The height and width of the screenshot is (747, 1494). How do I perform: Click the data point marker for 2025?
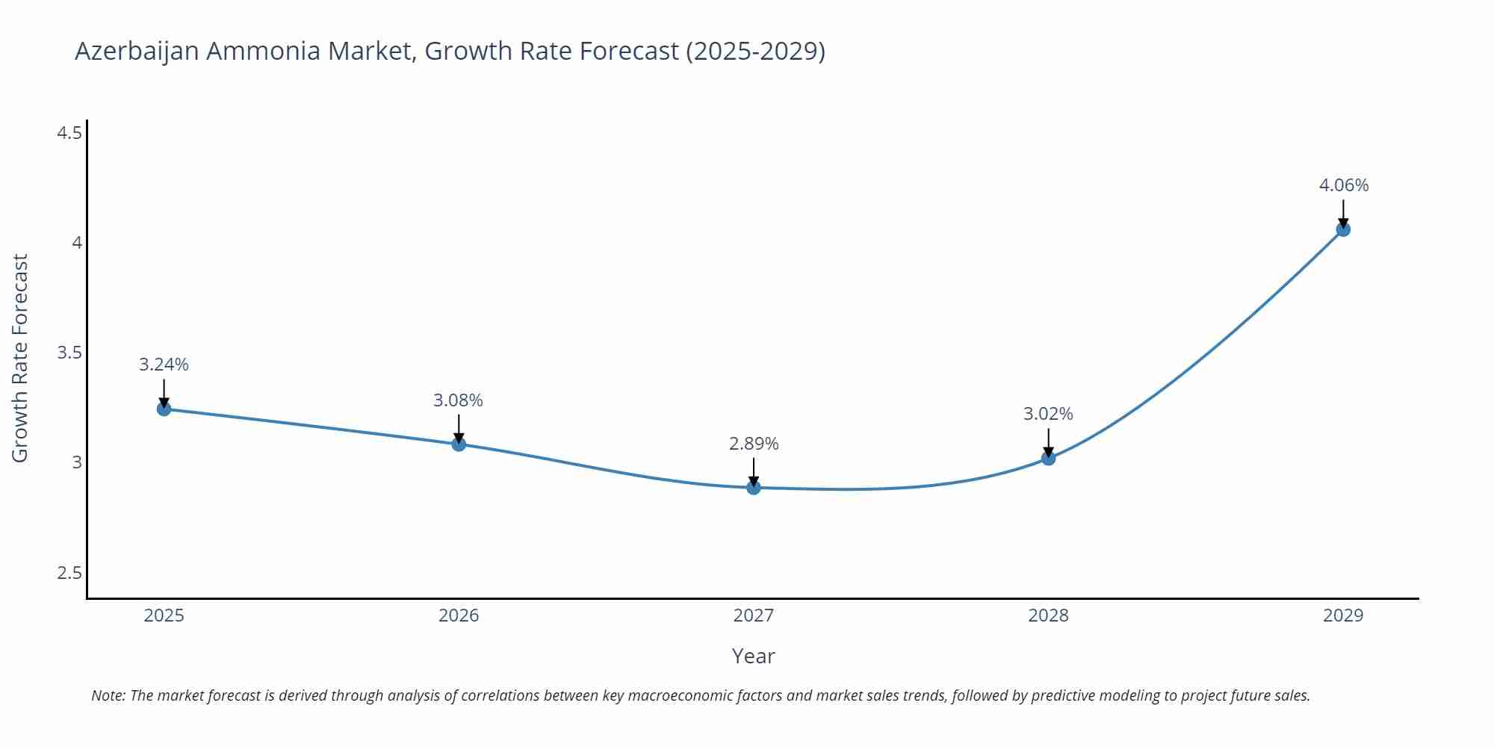click(164, 409)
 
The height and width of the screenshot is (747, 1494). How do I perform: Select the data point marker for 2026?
click(459, 444)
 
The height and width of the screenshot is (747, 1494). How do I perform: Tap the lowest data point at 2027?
click(754, 488)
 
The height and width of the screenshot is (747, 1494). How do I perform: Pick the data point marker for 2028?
click(1048, 458)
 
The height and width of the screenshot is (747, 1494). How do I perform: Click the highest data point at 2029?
click(1343, 229)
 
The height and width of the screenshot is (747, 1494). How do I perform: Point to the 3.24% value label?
click(164, 365)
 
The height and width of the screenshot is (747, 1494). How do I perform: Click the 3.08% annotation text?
click(458, 400)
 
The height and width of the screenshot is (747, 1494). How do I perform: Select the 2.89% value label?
click(754, 444)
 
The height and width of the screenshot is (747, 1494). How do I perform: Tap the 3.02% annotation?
click(1048, 414)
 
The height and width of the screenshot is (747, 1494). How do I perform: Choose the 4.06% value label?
click(1343, 185)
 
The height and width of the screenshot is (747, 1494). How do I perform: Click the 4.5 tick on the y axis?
click(69, 133)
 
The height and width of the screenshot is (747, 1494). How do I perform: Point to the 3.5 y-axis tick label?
click(69, 353)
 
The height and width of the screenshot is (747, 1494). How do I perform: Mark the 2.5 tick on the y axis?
click(69, 573)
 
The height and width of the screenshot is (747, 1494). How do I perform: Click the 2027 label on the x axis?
click(753, 616)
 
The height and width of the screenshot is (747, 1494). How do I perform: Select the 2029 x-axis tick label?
click(1342, 616)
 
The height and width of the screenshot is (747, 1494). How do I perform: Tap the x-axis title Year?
click(753, 656)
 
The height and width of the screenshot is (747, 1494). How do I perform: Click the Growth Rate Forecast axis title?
click(20, 358)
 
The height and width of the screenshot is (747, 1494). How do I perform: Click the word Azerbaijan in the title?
click(137, 51)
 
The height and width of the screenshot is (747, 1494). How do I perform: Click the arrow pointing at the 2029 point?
click(1343, 212)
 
